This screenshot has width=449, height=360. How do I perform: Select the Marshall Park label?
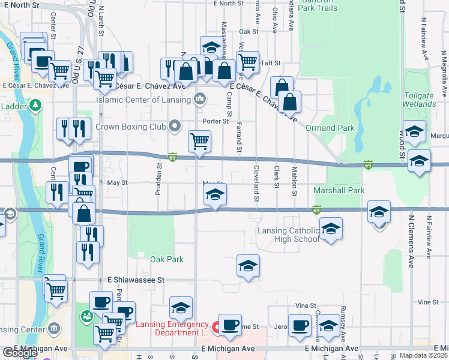point(339,191)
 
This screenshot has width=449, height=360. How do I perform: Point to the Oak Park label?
point(166,260)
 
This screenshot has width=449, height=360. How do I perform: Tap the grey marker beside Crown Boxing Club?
point(175,126)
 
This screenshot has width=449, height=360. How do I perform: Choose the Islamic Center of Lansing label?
point(144,100)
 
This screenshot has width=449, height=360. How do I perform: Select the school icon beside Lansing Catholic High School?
point(330,228)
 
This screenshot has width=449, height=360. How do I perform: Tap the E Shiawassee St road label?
point(136,280)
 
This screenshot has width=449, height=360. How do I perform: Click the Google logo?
point(20,353)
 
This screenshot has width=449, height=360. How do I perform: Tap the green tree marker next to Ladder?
point(35,106)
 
